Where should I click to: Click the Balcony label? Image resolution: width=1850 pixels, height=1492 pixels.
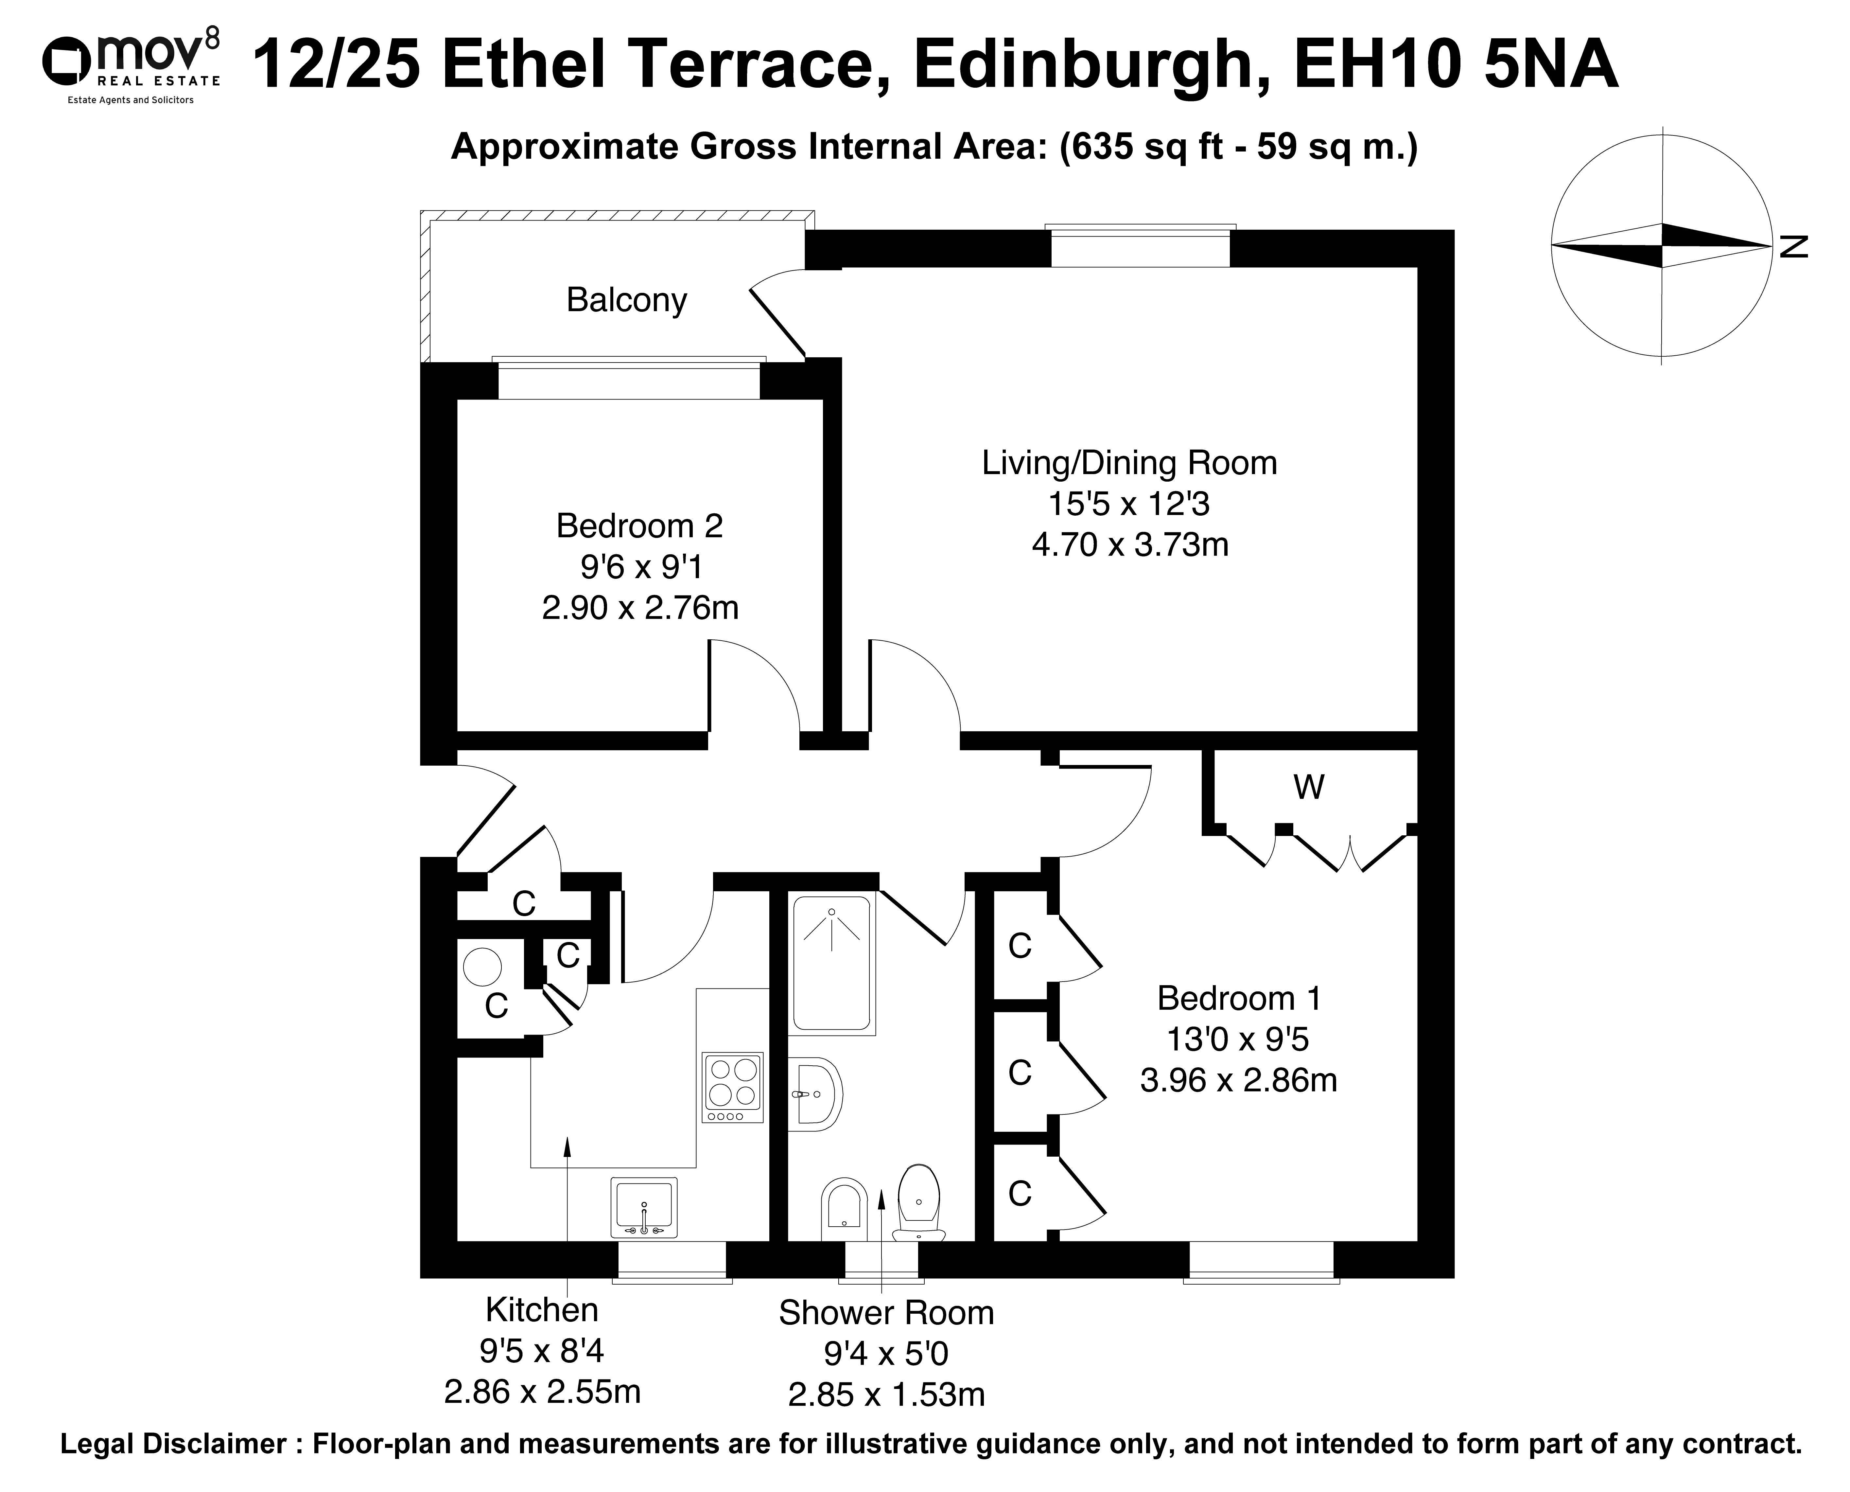click(626, 300)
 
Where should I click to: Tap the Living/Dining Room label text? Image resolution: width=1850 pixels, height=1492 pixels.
click(1129, 463)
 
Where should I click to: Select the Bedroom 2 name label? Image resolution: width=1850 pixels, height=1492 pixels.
click(639, 526)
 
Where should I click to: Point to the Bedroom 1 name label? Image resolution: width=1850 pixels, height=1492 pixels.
click(1239, 998)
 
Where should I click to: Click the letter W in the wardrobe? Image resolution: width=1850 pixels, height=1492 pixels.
click(1309, 786)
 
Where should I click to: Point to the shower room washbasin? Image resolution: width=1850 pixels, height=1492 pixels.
click(814, 1094)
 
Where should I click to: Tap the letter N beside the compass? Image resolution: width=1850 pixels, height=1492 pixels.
click(1794, 247)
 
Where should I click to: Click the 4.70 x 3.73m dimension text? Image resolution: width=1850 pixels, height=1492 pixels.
click(1130, 545)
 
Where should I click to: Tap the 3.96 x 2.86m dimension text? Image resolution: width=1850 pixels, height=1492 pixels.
click(1239, 1079)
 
